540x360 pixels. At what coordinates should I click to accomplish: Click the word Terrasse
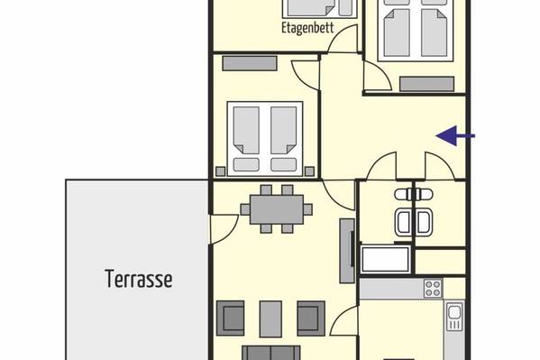(139, 279)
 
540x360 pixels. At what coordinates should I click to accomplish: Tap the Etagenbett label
(307, 28)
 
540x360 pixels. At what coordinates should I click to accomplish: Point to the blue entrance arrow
(455, 136)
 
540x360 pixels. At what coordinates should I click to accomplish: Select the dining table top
(277, 209)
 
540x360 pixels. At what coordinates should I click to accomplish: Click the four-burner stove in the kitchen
(434, 289)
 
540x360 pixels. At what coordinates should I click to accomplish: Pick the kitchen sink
(454, 317)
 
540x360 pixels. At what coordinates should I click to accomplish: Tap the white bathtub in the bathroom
(385, 259)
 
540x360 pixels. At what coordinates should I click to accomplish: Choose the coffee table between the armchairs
(270, 319)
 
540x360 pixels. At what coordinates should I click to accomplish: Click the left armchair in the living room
(231, 318)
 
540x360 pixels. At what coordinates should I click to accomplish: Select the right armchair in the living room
(311, 318)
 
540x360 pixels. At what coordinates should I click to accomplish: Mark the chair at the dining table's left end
(245, 209)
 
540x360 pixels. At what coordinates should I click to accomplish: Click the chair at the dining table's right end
(308, 209)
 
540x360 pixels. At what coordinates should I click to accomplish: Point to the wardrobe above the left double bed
(250, 63)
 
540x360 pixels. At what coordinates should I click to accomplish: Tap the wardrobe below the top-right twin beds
(426, 84)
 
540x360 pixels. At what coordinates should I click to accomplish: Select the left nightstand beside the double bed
(220, 171)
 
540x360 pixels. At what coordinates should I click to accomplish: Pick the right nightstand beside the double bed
(309, 171)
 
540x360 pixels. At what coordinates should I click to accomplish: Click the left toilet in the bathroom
(403, 195)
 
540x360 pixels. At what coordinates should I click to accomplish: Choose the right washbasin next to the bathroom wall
(423, 222)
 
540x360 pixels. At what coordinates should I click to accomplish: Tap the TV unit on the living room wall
(347, 251)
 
